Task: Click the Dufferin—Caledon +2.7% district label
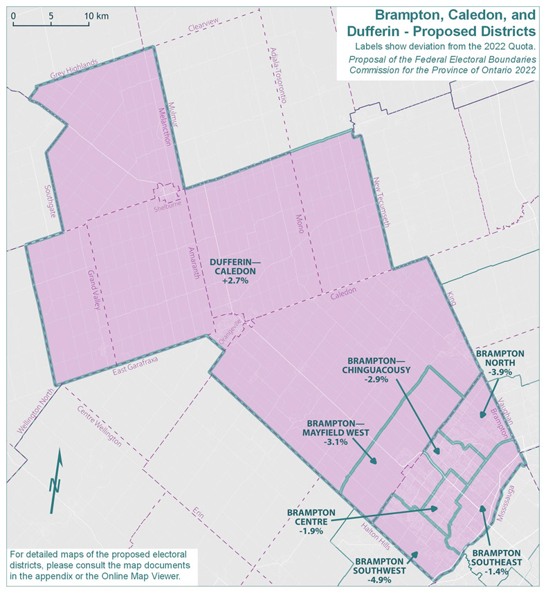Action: tap(234, 266)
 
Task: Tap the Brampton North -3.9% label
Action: tap(500, 362)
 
